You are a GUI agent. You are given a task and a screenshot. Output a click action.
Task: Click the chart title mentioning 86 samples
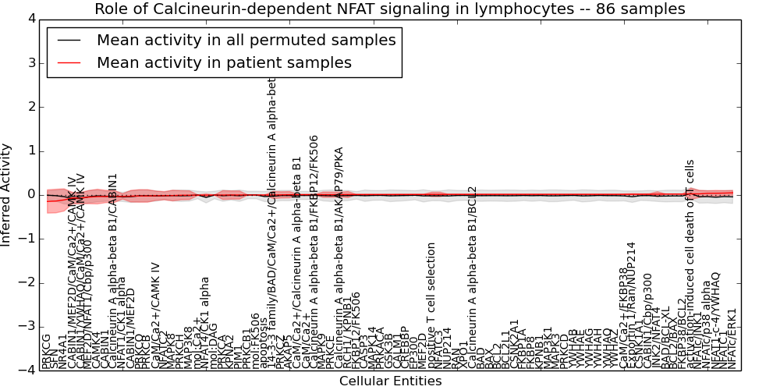390,9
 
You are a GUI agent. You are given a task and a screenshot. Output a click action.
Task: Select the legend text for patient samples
224,63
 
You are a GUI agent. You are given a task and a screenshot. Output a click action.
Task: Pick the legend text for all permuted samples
246,41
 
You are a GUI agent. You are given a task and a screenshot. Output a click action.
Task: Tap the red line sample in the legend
69,63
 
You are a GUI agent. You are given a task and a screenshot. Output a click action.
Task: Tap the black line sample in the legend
69,41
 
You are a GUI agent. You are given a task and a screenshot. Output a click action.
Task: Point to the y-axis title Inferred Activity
6,194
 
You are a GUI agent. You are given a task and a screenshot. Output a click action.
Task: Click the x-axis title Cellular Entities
390,381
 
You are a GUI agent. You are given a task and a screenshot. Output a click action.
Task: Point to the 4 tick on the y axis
30,19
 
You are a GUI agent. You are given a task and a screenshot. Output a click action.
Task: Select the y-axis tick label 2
30,107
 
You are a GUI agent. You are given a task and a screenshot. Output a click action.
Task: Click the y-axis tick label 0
30,194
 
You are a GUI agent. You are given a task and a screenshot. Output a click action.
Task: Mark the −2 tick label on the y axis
27,282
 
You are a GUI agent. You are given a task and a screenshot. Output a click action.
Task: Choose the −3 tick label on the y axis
27,326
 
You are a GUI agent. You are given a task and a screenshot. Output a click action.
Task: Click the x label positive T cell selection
431,306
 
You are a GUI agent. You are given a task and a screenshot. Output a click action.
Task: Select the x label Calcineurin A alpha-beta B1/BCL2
472,277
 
